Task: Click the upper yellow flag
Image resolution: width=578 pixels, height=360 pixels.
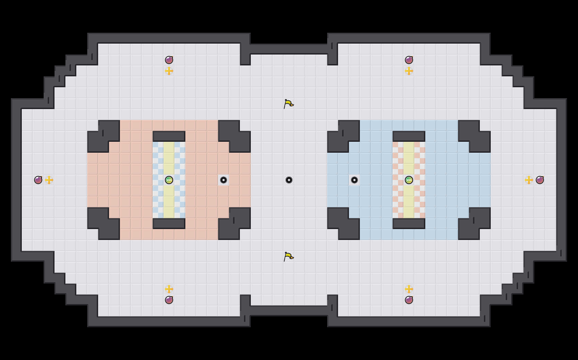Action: (x=288, y=104)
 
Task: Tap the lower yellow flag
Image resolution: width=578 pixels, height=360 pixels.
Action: (x=288, y=256)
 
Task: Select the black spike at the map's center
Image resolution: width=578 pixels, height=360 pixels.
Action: (x=289, y=180)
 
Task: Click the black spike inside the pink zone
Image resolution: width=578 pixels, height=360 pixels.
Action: (x=224, y=180)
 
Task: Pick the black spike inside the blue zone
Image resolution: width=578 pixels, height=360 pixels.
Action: (x=354, y=180)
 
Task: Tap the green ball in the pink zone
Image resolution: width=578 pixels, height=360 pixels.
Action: (x=169, y=180)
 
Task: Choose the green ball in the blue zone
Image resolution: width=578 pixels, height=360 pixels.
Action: (x=409, y=180)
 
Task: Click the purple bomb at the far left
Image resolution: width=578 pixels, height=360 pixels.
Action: (x=38, y=180)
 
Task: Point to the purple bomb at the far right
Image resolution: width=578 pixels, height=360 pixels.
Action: (x=540, y=180)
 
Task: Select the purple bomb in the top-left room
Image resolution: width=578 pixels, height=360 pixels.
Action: (x=169, y=60)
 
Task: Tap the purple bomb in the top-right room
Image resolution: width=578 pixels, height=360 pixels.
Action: (x=409, y=60)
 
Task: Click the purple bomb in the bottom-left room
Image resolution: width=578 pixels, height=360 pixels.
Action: (x=169, y=300)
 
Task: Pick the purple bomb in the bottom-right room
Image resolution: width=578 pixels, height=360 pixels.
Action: (x=409, y=300)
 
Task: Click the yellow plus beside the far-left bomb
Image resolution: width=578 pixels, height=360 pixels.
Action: (x=49, y=180)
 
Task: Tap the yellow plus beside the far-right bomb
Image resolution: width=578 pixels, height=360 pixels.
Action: (x=529, y=180)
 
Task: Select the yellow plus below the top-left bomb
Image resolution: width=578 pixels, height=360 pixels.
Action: (x=169, y=71)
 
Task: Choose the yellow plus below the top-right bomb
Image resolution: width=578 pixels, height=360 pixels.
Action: (x=409, y=71)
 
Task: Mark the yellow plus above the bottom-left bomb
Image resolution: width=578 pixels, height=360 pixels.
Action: (x=169, y=289)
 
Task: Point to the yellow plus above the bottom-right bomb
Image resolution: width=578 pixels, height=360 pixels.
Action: (x=409, y=289)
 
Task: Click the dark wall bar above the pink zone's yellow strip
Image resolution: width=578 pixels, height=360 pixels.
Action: (x=169, y=136)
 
